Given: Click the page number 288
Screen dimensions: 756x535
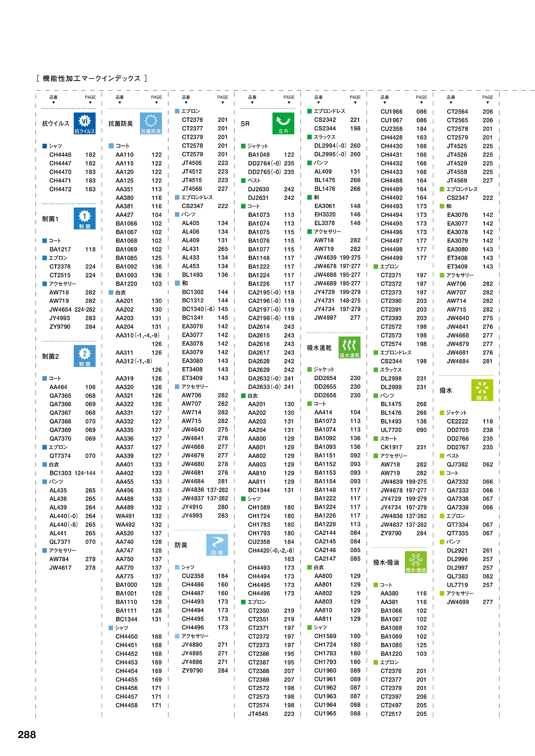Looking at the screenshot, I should pos(27,735).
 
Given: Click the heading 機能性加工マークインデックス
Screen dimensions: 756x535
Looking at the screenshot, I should pos(92,79).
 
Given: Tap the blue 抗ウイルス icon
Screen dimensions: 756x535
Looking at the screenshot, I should pos(84,123).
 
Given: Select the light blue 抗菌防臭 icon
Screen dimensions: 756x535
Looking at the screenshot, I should pos(151,123).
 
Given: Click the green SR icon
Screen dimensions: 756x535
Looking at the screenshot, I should pos(283,123).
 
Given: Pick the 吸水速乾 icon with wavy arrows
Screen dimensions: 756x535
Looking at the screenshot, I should pos(349,348).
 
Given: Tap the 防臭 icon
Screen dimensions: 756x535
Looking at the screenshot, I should pos(217,545).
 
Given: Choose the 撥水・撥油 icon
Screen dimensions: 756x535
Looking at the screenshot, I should pos(416,562).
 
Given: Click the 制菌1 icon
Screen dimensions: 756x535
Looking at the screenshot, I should pos(84,218).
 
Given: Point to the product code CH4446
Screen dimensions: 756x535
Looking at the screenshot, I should pos(60,155).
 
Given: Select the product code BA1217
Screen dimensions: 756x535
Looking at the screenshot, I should pos(60,249).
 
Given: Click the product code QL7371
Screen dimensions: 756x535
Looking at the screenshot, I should pos(60,542).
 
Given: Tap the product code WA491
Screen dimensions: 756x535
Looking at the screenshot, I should pos(125,516).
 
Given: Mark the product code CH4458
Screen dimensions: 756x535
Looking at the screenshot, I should pos(126,705).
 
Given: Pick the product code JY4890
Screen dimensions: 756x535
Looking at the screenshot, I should pos(192,644).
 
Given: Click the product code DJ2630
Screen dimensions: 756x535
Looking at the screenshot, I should pos(258,189).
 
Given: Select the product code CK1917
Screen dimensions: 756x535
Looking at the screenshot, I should pos(391,447).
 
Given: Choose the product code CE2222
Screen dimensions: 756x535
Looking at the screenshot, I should pos(457,421).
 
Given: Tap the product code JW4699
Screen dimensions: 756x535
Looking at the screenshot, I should pos(458,602).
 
